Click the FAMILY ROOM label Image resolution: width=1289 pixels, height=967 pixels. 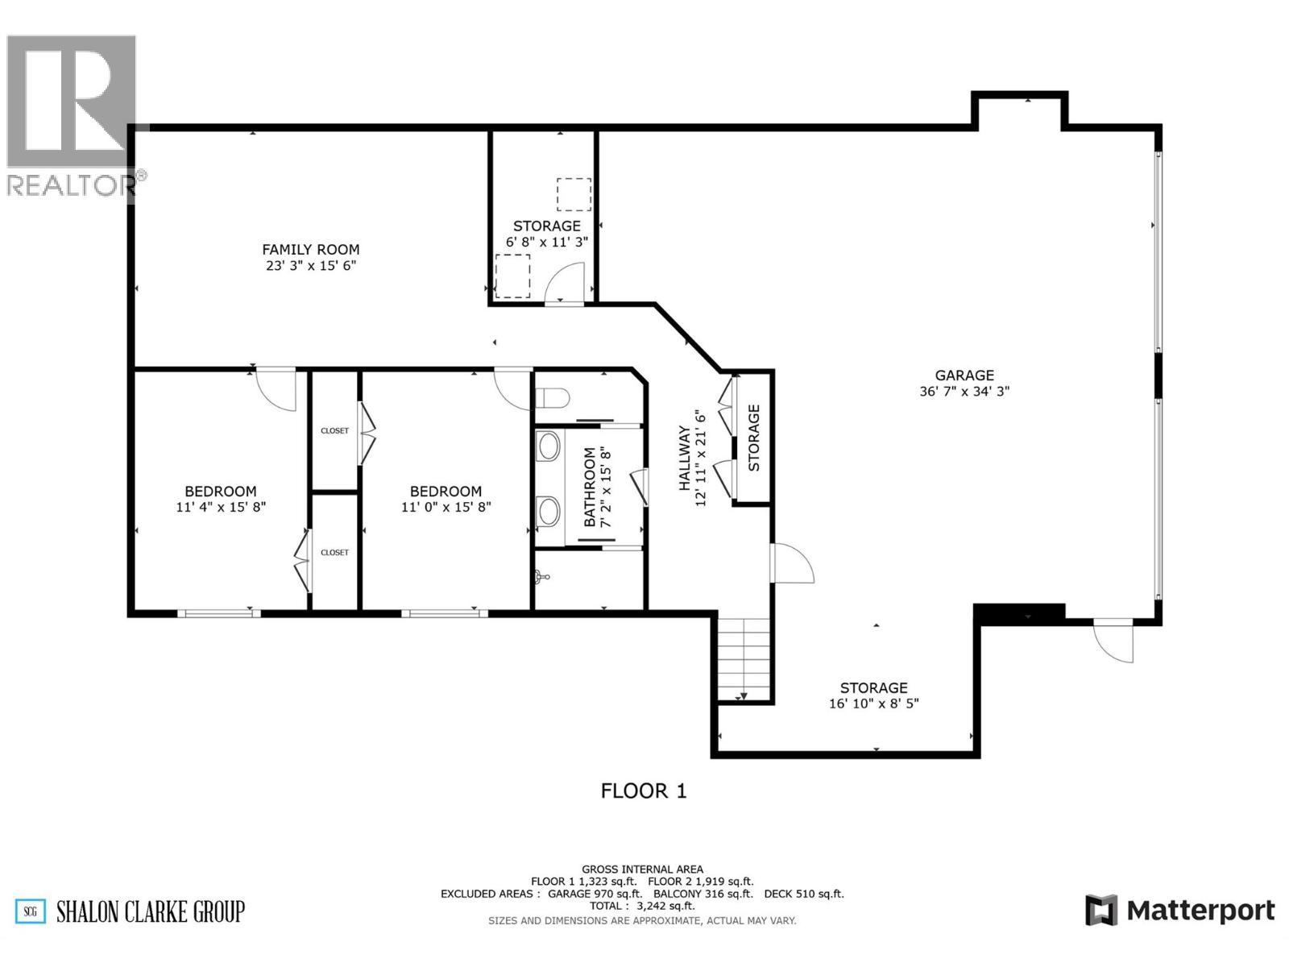tap(310, 250)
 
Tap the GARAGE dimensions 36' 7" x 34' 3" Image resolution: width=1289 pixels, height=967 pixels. tap(964, 392)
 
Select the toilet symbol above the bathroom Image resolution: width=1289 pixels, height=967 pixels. tap(554, 397)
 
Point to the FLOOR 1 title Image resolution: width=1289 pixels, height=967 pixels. tap(644, 791)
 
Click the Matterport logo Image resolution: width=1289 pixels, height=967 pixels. tap(1180, 911)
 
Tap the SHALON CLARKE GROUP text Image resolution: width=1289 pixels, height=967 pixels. tap(150, 911)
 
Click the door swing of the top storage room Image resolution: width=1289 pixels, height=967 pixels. tap(566, 284)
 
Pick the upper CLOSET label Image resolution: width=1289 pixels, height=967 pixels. tap(334, 431)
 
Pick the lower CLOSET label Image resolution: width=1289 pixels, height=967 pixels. tap(334, 553)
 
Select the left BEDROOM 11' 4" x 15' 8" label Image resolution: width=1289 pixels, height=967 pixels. tap(221, 499)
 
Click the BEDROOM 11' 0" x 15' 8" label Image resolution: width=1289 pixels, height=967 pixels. tap(446, 499)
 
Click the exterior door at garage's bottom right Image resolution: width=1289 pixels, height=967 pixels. tap(1115, 641)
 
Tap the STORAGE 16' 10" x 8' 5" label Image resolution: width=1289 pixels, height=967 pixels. tap(873, 695)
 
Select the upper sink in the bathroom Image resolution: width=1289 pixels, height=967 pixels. tap(549, 446)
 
